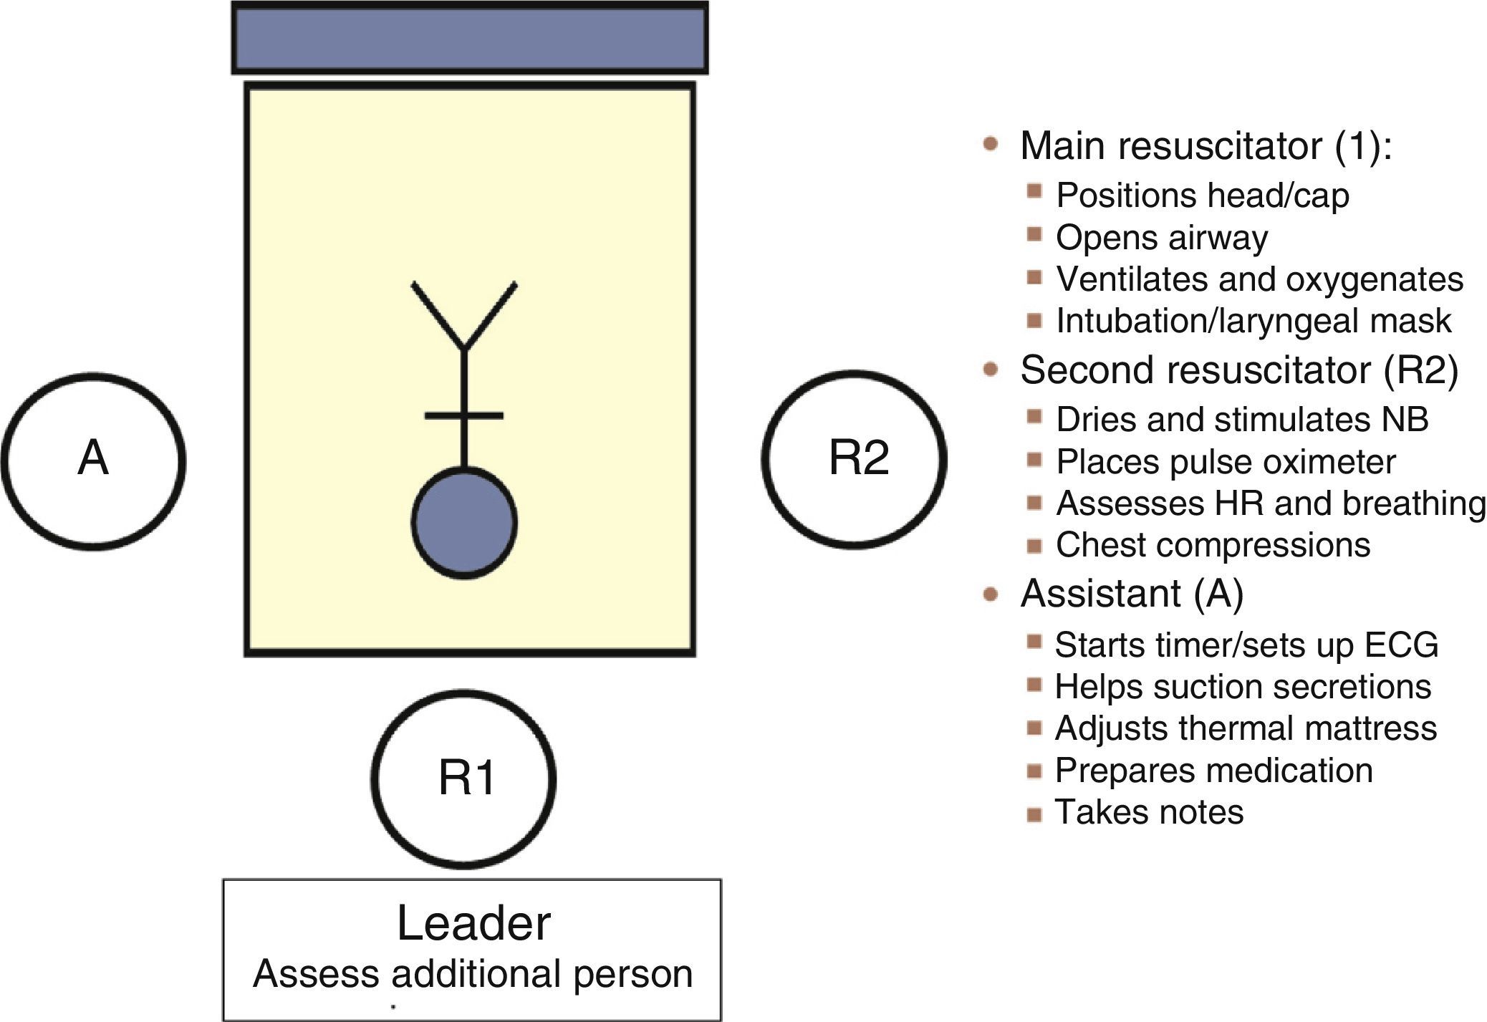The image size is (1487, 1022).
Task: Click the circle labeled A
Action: coord(93,461)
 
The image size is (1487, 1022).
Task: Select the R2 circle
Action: coord(854,459)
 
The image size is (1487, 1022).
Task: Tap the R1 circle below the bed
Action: coord(464,778)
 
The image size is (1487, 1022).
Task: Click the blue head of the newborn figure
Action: coord(464,523)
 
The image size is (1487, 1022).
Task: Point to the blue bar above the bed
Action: coord(469,38)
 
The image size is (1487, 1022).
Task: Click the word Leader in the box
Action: coord(473,923)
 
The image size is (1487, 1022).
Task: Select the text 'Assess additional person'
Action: coord(473,974)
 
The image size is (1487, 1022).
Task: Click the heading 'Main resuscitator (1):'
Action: coord(1206,145)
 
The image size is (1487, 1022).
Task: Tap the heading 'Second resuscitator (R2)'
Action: coord(1238,370)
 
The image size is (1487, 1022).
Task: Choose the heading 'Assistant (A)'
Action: coord(1132,593)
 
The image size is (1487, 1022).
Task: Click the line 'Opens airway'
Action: coord(1161,238)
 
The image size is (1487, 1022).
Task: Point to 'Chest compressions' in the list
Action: coord(1213,545)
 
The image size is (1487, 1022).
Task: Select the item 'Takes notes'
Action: coord(1149,812)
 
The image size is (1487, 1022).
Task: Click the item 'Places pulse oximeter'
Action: coord(1226,462)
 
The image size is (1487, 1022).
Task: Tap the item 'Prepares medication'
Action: coord(1213,771)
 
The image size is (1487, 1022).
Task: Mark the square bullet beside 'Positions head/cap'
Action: coord(1034,191)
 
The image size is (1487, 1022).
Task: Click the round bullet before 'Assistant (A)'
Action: coord(991,594)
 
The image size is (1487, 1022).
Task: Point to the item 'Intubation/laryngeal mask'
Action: coord(1253,321)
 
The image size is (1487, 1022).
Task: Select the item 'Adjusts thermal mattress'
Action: coord(1246,728)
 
